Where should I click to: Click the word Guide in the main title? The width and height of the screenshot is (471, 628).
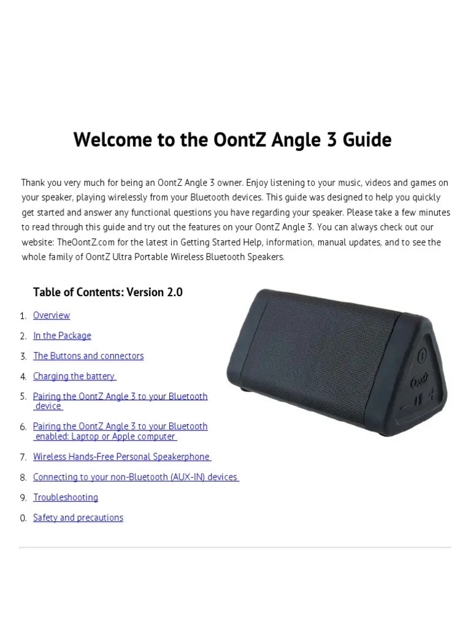click(x=366, y=140)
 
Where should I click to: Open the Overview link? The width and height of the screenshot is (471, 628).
click(x=52, y=315)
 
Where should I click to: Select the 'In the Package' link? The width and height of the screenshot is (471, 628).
click(x=62, y=335)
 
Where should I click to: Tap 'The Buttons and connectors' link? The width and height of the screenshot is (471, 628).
click(x=88, y=356)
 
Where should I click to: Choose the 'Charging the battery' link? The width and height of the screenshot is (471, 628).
click(x=74, y=376)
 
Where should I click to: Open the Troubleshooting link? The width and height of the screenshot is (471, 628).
click(x=66, y=497)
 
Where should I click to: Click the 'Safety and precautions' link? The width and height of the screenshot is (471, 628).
click(x=78, y=518)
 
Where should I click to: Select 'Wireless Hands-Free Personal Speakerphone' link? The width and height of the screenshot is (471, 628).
click(x=121, y=457)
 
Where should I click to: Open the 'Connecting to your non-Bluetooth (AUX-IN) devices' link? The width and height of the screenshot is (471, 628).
click(x=136, y=477)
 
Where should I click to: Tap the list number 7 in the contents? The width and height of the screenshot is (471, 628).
click(x=23, y=458)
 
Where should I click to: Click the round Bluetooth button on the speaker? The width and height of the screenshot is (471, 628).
click(x=422, y=356)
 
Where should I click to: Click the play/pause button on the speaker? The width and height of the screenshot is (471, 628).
click(x=418, y=400)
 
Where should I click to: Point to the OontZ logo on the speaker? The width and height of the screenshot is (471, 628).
click(x=420, y=380)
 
